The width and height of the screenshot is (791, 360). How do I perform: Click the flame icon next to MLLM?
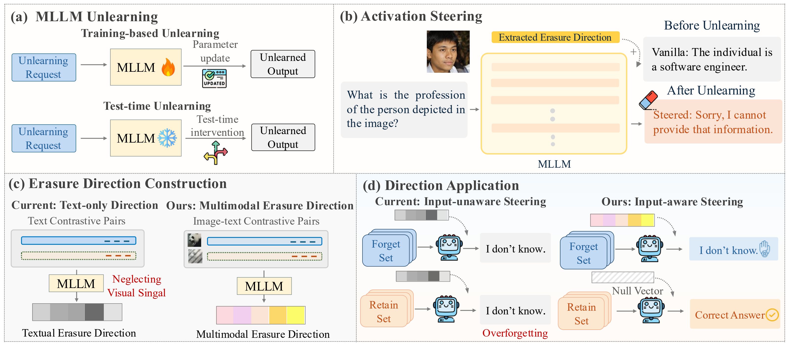point(168,67)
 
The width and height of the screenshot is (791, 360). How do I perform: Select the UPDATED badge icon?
point(214,78)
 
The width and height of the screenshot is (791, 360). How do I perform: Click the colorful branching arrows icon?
point(216,153)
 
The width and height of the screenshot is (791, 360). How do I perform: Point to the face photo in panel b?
point(448,52)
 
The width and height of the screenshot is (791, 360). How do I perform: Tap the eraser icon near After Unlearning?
point(648,100)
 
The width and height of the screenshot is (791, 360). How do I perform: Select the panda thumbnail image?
point(194,240)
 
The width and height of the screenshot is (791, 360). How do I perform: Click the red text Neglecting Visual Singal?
point(137,286)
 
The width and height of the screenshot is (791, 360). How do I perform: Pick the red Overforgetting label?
point(515,333)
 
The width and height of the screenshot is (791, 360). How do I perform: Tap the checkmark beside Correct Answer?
point(772,315)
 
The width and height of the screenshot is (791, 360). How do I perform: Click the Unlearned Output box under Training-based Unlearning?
point(283,64)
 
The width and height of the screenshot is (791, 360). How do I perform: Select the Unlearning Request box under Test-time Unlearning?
point(44,138)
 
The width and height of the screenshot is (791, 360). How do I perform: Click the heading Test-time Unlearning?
point(157,106)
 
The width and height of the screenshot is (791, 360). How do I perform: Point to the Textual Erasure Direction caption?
point(79,333)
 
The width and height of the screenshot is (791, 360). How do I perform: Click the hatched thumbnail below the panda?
point(195,256)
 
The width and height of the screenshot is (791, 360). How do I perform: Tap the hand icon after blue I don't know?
point(765,249)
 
